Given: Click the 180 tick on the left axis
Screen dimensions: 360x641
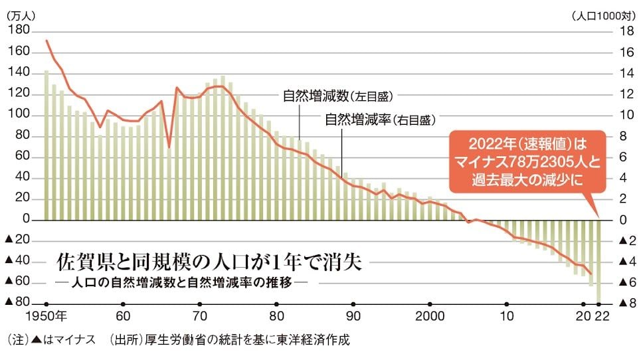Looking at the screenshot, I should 21,31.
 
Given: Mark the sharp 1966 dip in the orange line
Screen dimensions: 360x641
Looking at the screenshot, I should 169,147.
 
